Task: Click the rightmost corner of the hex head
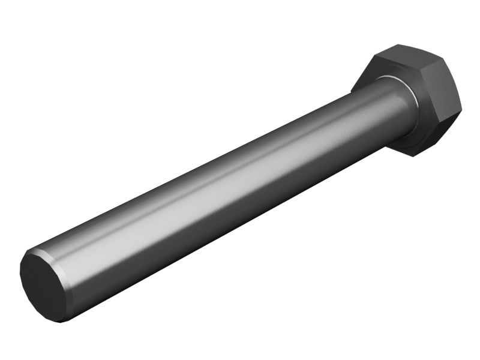tap(463, 111)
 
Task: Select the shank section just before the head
tap(384, 114)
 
